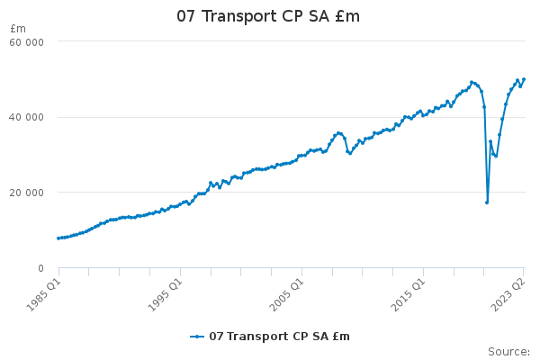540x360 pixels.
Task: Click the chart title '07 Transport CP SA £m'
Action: (x=268, y=16)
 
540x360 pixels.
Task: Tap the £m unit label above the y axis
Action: (x=18, y=29)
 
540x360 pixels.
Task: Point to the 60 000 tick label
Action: (x=26, y=42)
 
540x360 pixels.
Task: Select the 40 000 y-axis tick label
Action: (x=26, y=117)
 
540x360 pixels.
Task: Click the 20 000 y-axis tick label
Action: (x=26, y=193)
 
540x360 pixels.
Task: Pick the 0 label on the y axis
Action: (x=40, y=268)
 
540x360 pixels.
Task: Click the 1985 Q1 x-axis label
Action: (x=44, y=295)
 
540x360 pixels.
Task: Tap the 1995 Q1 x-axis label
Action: (x=165, y=295)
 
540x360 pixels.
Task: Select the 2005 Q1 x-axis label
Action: (x=287, y=295)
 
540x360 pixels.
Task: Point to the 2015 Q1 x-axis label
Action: (x=409, y=295)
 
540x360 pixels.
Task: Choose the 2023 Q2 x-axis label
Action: (x=508, y=295)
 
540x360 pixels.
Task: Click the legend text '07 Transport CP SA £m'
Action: (x=279, y=337)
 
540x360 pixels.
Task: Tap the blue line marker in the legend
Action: (x=197, y=337)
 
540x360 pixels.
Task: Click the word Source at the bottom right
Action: (x=508, y=352)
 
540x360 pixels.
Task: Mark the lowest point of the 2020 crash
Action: (x=487, y=202)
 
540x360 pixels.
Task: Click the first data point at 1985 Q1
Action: (x=58, y=238)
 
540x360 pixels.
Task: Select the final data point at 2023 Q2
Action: (x=524, y=79)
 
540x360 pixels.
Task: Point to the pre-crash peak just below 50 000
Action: (x=472, y=82)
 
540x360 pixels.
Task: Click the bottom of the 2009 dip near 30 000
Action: (x=350, y=153)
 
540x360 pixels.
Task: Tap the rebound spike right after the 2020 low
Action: (x=490, y=141)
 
